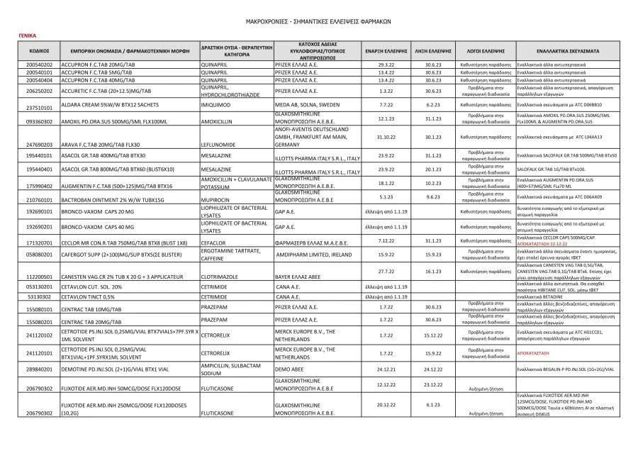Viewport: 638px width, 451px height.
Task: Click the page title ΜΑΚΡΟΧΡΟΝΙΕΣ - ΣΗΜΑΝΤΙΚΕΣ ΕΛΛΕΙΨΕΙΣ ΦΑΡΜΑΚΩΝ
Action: [318, 22]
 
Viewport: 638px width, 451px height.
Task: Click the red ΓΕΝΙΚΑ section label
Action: [26, 35]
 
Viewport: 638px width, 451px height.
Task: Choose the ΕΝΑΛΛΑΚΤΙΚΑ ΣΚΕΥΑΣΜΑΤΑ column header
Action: [567, 51]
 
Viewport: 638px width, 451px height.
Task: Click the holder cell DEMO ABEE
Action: [291, 369]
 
